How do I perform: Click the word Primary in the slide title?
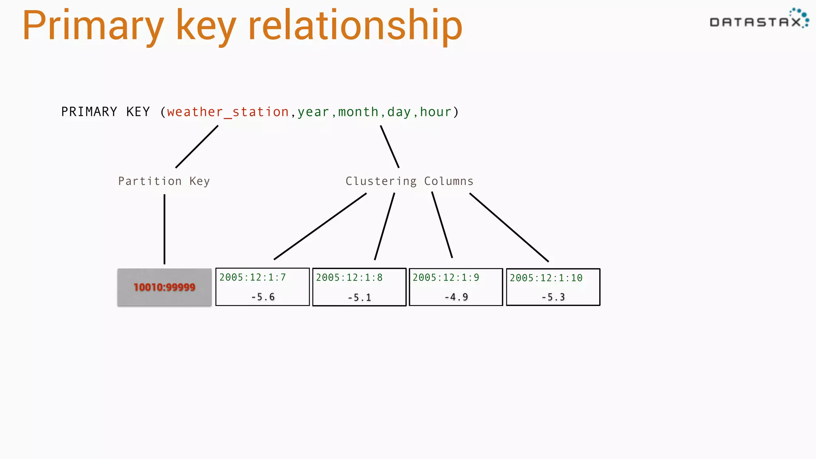[x=93, y=26]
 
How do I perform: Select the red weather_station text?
[x=228, y=112]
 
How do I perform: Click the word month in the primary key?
[x=358, y=112]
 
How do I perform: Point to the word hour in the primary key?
[x=435, y=112]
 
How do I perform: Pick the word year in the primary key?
[x=313, y=112]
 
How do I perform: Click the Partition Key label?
[x=164, y=181]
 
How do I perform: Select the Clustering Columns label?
[x=409, y=181]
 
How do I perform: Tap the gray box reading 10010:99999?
[x=164, y=287]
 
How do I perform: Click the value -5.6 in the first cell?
[x=263, y=297]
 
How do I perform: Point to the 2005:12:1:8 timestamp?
[x=349, y=277]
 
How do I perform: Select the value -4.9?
[x=456, y=297]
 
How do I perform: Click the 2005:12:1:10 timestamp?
[x=546, y=278]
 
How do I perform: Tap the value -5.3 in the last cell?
[x=553, y=297]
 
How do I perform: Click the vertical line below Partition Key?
[x=164, y=229]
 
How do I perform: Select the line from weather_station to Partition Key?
[x=197, y=147]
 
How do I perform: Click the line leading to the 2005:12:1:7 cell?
[x=320, y=226]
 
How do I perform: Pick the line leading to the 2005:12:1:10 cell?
[x=509, y=227]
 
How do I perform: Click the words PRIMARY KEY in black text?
[x=105, y=112]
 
